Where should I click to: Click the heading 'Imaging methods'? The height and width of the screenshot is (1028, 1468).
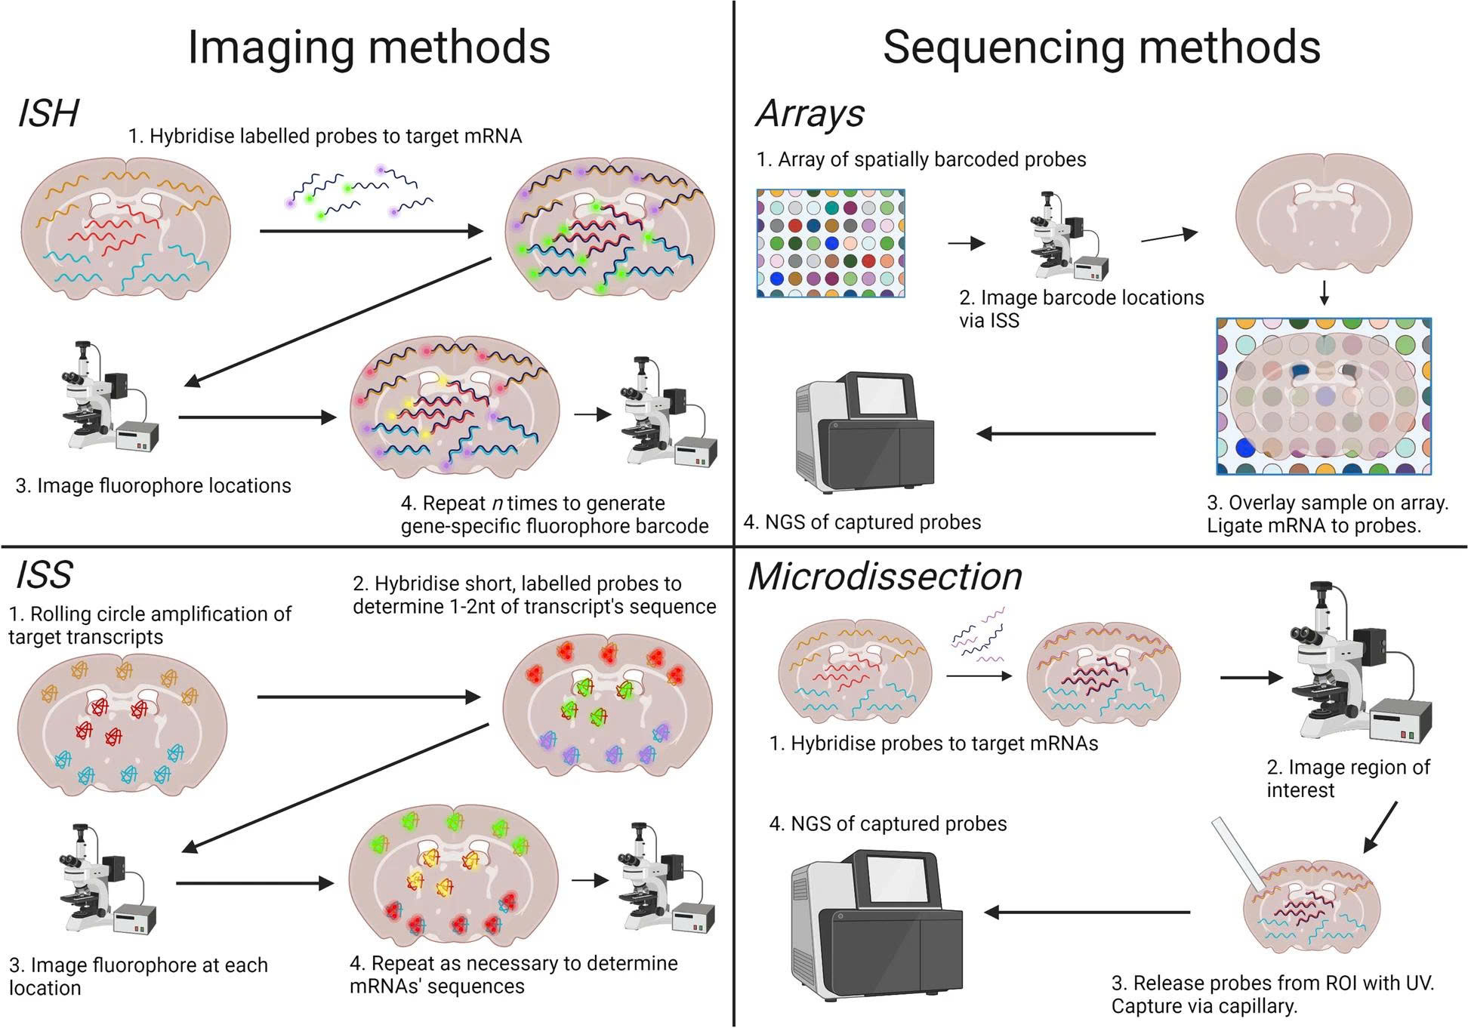point(369,48)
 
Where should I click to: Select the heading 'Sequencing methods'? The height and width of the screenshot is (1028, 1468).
point(1101,48)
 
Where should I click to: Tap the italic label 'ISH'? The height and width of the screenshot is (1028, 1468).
point(48,114)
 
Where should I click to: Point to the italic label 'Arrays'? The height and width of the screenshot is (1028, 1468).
point(810,114)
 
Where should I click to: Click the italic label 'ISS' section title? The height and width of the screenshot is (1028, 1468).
point(44,575)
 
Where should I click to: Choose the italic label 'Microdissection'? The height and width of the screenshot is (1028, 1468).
point(884,577)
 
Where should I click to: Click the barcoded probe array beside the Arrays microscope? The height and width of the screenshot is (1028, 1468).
point(831,243)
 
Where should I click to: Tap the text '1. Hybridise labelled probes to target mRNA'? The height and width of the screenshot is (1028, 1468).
point(325,137)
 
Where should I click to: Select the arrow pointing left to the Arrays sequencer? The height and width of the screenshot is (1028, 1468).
point(1066,434)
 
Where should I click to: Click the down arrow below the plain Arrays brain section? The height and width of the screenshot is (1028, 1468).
point(1324,294)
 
